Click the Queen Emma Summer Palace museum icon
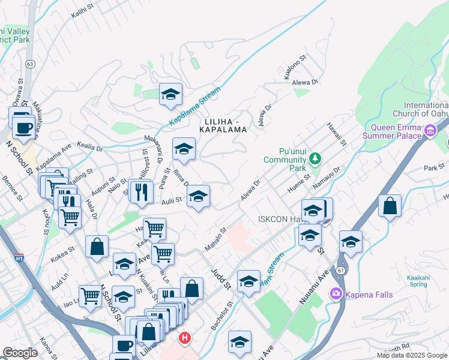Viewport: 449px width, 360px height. pyautogui.click(x=430, y=131)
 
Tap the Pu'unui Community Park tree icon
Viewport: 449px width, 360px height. pyautogui.click(x=314, y=159)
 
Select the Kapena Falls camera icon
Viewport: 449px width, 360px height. pyautogui.click(x=336, y=293)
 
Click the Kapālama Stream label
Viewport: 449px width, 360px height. pyautogui.click(x=194, y=106)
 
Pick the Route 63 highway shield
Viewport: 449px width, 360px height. pyautogui.click(x=29, y=62)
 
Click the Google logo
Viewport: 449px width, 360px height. pyautogui.click(x=19, y=353)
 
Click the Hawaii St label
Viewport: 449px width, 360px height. pyautogui.click(x=337, y=134)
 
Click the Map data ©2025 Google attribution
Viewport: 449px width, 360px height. pyautogui.click(x=411, y=355)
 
